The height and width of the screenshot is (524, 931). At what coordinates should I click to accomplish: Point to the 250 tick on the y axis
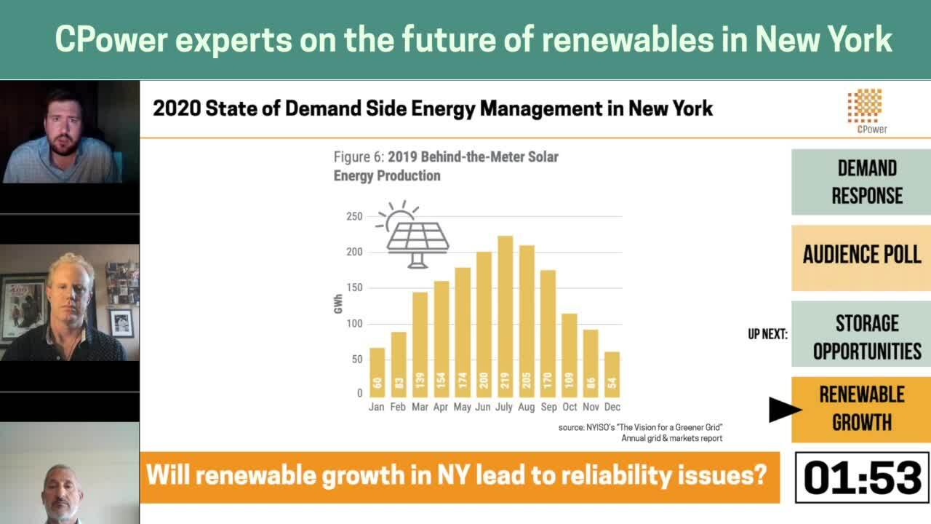[354, 216]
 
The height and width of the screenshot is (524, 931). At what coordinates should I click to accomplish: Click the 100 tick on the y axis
[354, 323]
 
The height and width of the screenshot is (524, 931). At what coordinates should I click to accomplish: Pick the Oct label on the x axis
[570, 407]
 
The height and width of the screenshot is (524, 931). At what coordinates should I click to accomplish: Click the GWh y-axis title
[338, 304]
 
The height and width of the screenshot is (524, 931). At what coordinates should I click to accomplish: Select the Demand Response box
[860, 182]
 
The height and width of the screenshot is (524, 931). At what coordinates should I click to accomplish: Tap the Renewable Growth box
[860, 409]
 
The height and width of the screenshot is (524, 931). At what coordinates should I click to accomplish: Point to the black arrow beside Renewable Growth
[784, 409]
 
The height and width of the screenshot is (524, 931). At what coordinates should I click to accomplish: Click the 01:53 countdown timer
[862, 477]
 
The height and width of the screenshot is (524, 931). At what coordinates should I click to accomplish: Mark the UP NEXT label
[767, 335]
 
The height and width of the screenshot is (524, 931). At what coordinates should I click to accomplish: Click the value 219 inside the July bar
[505, 380]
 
